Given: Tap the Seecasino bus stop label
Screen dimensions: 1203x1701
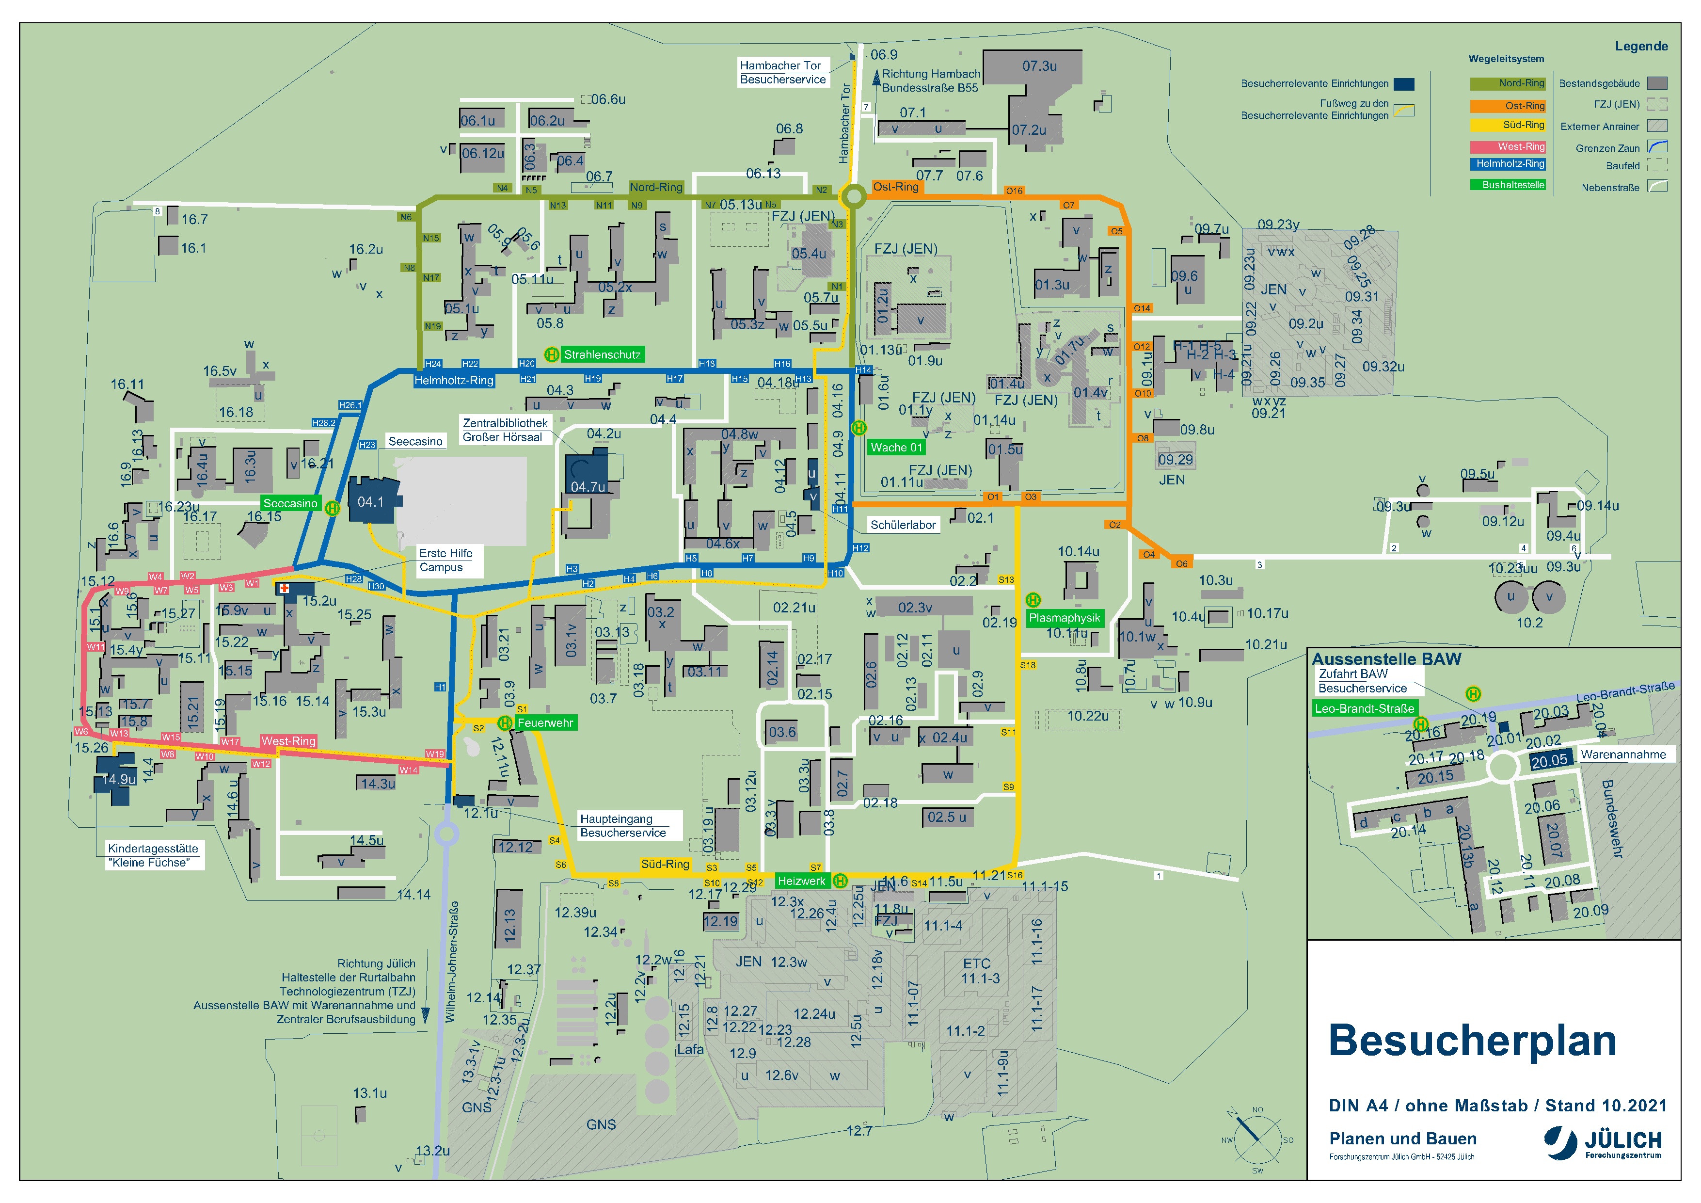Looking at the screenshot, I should [290, 503].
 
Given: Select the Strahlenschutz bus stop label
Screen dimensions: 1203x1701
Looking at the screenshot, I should [602, 355].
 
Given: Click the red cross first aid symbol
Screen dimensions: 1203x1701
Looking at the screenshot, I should [283, 589].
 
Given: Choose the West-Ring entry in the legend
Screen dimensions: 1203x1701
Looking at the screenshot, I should [1508, 147].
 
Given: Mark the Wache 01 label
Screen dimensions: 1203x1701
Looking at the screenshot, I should [896, 448].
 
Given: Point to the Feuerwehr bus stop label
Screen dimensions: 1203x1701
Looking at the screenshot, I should [545, 722].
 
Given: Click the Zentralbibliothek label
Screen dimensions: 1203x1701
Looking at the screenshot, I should [505, 423].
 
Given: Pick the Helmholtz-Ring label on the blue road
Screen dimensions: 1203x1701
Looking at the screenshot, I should [453, 380].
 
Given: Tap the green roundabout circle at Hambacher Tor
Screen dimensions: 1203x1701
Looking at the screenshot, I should [854, 196].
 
